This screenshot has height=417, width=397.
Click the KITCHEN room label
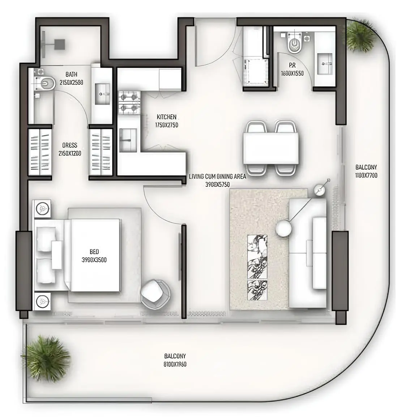pos(167,117)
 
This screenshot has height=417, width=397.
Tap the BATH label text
pos(71,74)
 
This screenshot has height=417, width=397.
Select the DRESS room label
pos(69,145)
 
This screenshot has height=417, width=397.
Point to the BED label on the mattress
pos(94,252)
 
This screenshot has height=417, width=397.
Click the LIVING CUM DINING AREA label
pos(218,177)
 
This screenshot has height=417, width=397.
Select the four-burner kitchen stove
pos(129,102)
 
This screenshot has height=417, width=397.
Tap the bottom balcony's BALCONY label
pos(175,356)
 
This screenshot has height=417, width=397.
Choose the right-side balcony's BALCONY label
pos(366,167)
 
